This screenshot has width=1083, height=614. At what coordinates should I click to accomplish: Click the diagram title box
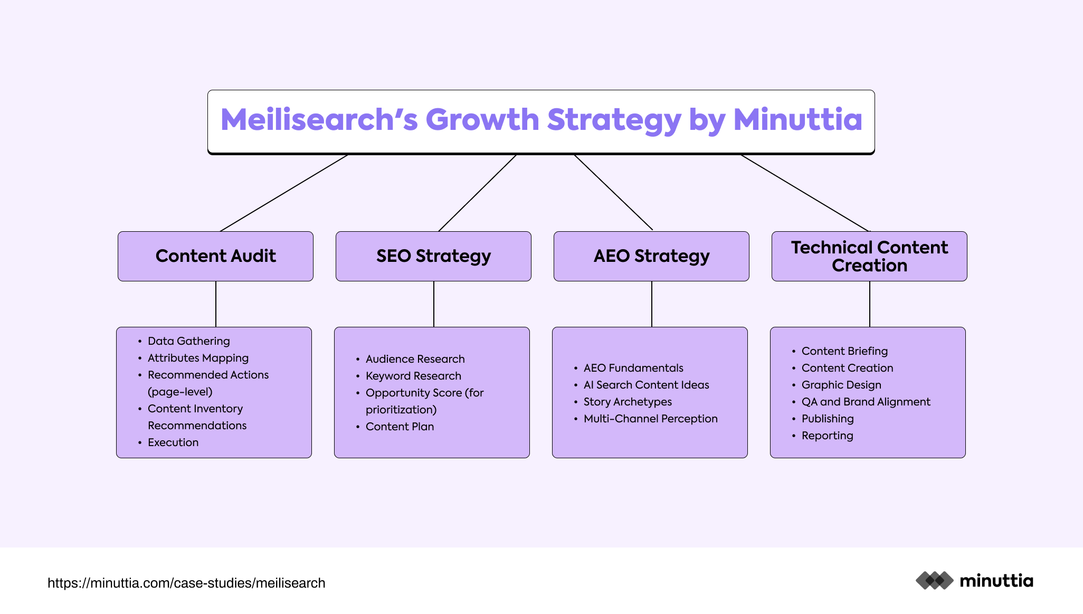[541, 122]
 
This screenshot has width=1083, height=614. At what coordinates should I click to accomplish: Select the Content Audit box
[215, 256]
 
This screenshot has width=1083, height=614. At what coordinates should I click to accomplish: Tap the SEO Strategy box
[433, 256]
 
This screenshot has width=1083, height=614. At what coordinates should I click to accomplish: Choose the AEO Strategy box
[651, 256]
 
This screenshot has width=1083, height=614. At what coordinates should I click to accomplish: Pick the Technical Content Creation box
[869, 256]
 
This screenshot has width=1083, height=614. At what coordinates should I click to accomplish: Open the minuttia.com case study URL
[186, 583]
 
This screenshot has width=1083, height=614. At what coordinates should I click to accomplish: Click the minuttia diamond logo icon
[935, 581]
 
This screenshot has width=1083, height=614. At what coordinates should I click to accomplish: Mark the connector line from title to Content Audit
[284, 193]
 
